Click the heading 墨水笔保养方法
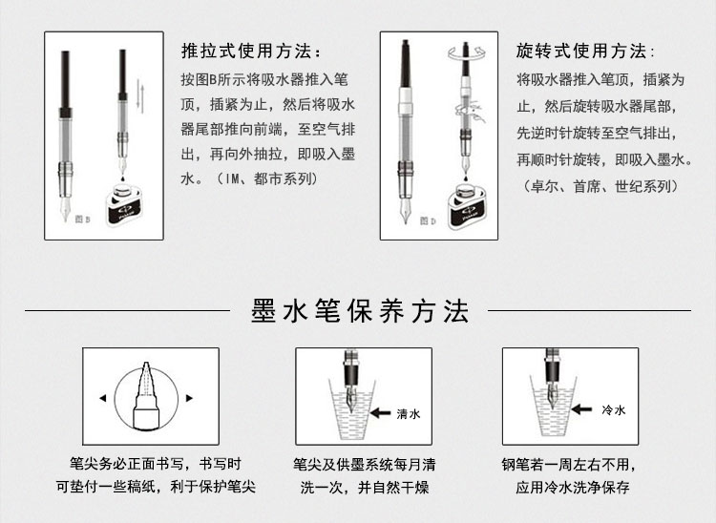[360, 312]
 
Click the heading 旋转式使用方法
[585, 51]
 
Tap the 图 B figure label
[83, 220]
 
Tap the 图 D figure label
[428, 220]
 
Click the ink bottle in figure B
[123, 205]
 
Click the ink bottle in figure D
[466, 206]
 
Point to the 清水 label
[409, 414]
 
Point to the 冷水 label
[613, 409]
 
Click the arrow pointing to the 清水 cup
[380, 413]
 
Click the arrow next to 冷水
[581, 408]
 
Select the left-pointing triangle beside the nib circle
[103, 398]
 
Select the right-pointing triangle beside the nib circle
[189, 398]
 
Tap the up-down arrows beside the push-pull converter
[141, 96]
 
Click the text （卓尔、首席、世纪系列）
[598, 186]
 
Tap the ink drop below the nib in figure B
[123, 175]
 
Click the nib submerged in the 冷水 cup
[556, 394]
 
